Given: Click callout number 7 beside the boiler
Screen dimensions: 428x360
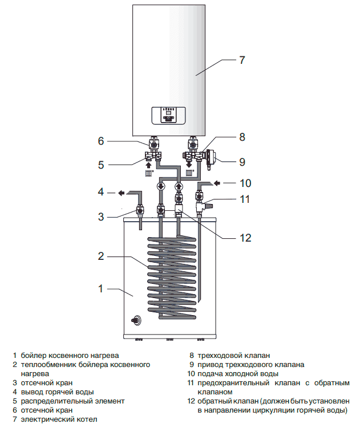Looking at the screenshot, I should (x=242, y=60).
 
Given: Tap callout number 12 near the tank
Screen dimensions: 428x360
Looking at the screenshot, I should (x=245, y=238).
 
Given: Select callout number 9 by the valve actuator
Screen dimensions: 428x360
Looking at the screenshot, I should (x=242, y=162).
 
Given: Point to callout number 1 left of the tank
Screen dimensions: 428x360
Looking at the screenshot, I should (x=100, y=288).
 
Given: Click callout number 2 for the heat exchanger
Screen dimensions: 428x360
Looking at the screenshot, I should (x=100, y=256).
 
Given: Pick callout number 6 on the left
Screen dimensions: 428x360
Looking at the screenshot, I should (x=100, y=141).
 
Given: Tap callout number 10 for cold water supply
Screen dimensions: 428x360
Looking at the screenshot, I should (x=245, y=183).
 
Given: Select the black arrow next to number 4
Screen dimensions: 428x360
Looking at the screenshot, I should (x=122, y=193).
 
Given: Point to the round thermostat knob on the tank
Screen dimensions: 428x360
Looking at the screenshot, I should (x=137, y=320).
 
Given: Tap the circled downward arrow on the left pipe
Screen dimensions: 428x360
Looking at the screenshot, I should (x=161, y=186).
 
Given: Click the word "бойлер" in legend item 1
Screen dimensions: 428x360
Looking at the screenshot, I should (x=33, y=355).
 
